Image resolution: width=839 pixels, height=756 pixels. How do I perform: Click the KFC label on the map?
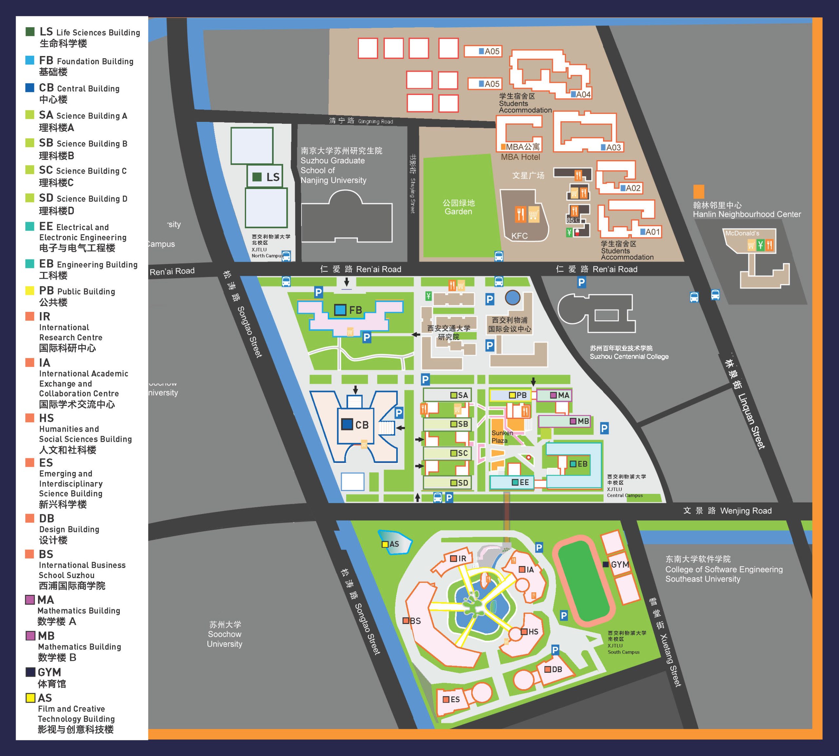click(519, 236)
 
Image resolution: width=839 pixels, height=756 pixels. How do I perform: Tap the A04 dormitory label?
click(583, 94)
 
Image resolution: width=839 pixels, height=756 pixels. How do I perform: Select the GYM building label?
click(620, 564)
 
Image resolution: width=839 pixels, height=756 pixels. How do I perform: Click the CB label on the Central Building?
click(361, 425)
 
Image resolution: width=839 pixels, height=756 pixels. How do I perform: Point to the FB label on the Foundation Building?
click(355, 310)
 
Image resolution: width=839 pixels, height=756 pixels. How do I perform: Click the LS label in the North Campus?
click(273, 177)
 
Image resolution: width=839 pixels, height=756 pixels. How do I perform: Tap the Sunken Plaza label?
click(502, 437)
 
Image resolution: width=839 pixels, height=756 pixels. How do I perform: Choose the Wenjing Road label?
click(746, 511)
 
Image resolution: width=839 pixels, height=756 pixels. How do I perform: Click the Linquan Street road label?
click(751, 420)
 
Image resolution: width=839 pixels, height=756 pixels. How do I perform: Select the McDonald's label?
click(742, 234)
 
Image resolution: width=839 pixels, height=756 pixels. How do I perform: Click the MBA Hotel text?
click(520, 157)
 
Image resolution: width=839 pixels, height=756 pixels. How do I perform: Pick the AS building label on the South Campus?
click(394, 544)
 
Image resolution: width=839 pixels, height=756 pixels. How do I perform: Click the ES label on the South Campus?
click(455, 700)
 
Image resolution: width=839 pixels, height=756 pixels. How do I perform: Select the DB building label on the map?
click(557, 669)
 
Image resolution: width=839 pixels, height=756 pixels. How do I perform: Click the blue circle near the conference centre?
click(512, 297)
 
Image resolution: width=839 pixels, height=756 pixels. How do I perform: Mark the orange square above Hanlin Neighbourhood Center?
click(698, 192)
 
